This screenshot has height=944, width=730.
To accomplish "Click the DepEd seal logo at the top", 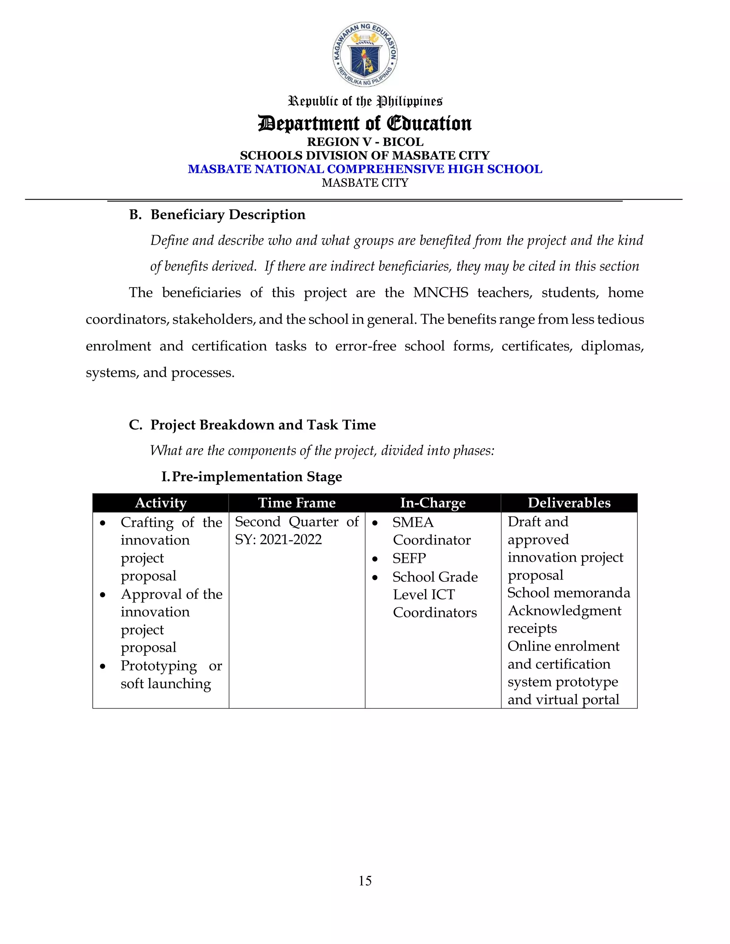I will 365,54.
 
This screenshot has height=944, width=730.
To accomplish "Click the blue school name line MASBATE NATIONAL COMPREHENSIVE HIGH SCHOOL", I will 365,169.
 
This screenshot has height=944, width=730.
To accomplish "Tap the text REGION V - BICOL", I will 365,142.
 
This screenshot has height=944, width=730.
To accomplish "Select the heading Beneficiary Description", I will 227,214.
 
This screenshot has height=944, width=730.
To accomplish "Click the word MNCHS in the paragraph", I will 440,292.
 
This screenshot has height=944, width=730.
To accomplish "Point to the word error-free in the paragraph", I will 365,346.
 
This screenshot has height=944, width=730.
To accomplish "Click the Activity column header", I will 160,503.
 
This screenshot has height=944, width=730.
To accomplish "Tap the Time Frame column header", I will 297,503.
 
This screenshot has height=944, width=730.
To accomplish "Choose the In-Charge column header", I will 432,503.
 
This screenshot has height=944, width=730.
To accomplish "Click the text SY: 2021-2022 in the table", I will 278,539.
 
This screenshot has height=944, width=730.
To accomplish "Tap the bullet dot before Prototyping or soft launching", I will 103,666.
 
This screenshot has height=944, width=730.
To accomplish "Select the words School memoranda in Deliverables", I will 568,593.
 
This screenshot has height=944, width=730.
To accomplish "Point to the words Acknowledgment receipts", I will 564,619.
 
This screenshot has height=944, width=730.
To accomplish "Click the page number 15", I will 365,881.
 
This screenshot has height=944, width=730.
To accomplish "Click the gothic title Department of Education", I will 365,123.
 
